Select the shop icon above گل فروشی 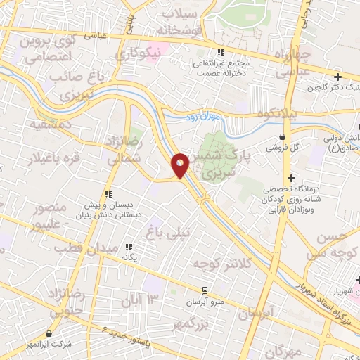(282, 137)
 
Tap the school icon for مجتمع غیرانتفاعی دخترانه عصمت (220, 52)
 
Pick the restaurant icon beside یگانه (129, 247)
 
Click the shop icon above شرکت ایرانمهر (49, 334)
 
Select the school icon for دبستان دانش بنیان (108, 194)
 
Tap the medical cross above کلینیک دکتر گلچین (338, 77)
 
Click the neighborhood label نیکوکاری (138, 53)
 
